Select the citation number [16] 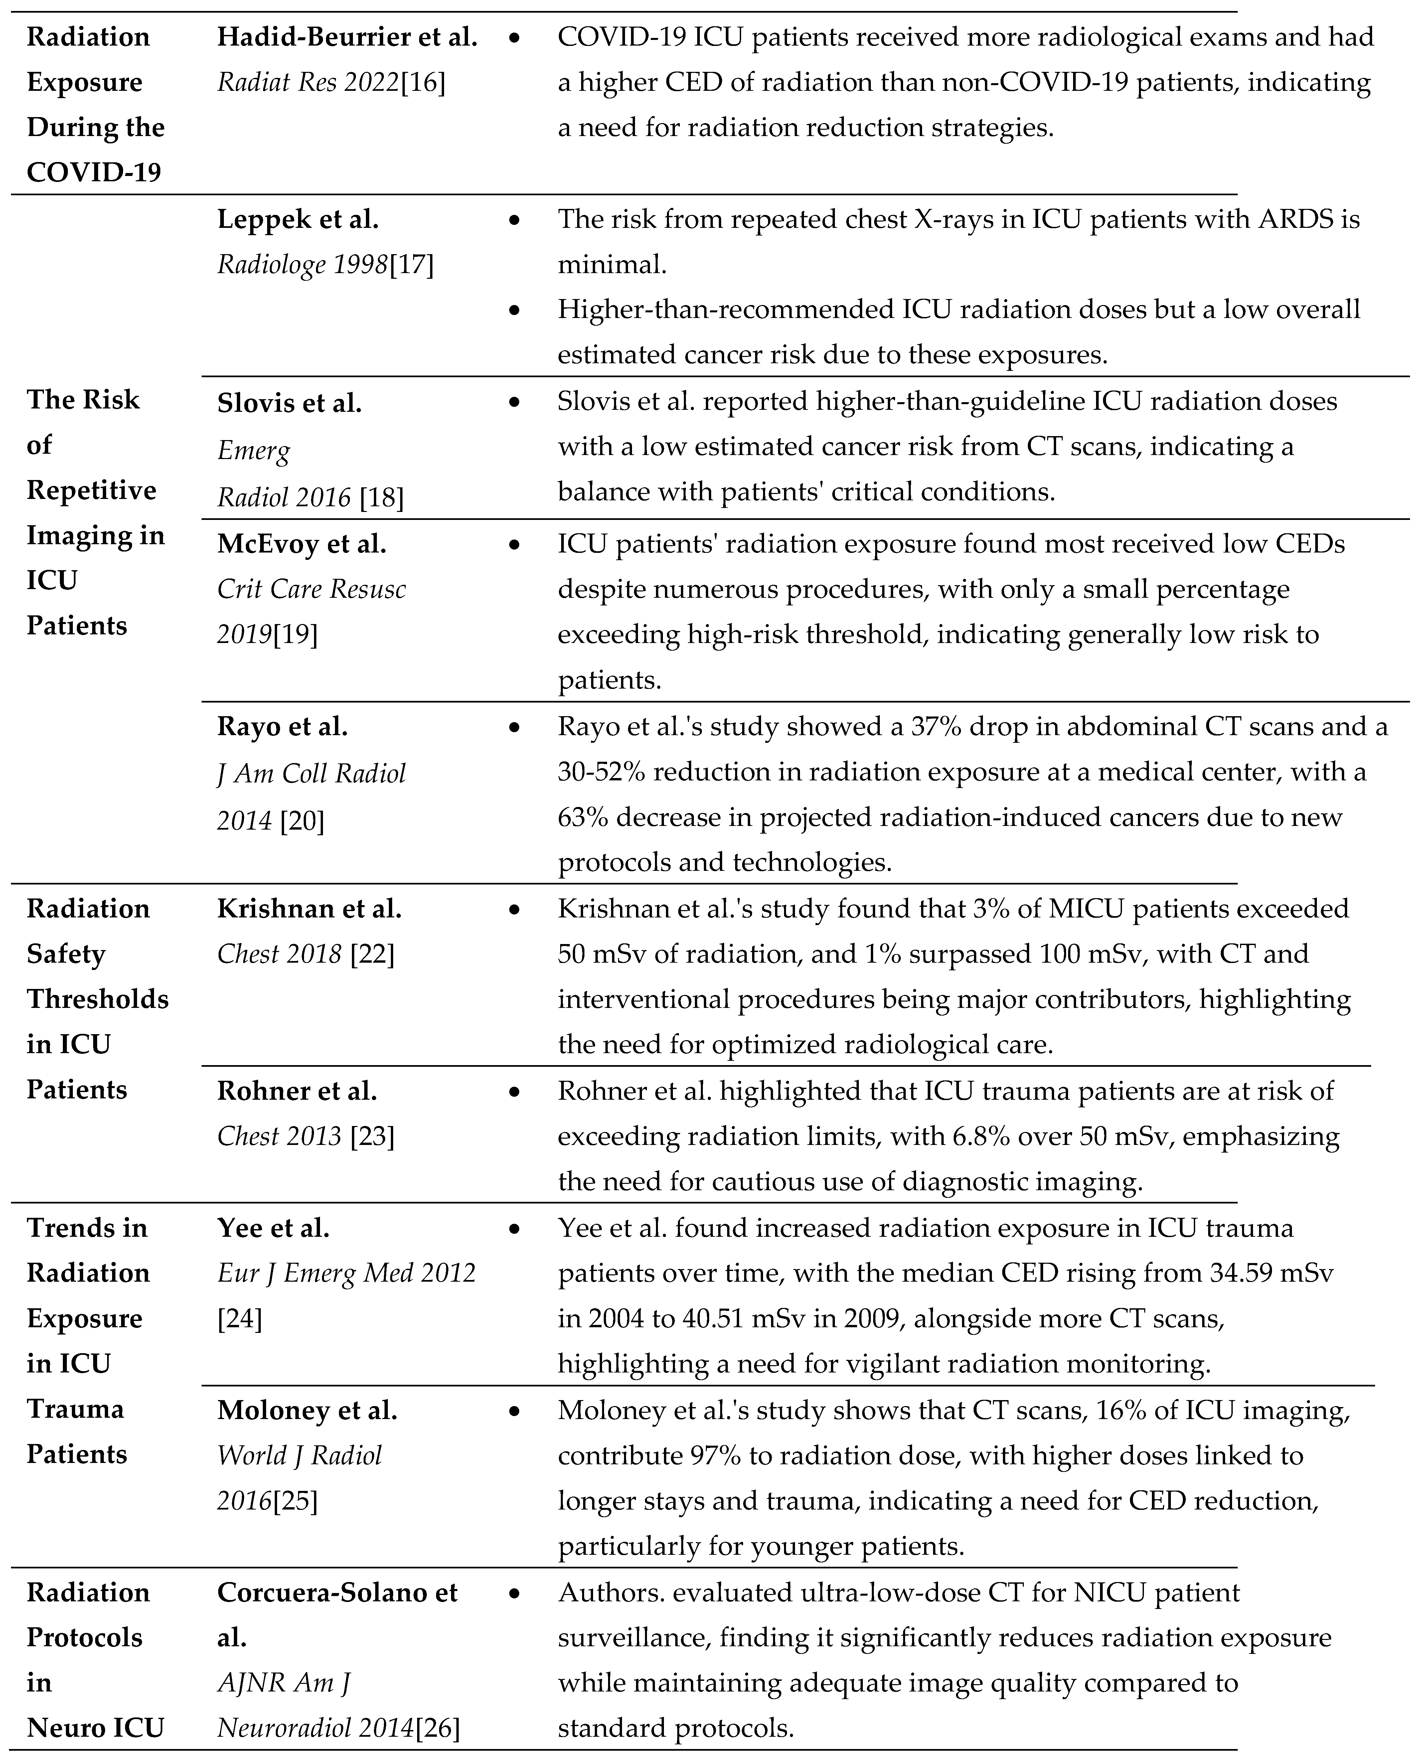[423, 82]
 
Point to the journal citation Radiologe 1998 [302, 264]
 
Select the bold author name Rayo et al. [282, 726]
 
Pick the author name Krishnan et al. [309, 908]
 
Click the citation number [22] [372, 954]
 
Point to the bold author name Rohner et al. [297, 1091]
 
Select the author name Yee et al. [273, 1228]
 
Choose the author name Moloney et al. [307, 1410]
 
